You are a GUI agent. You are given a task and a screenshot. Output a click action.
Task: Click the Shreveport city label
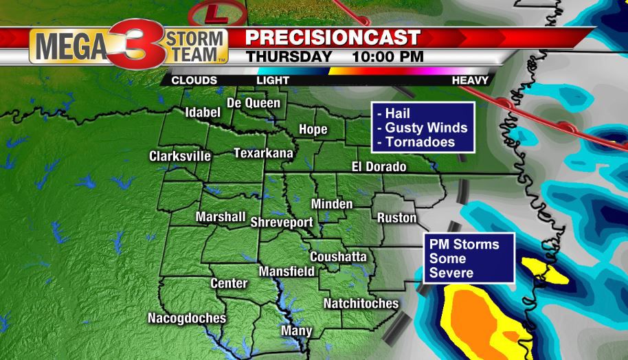282,223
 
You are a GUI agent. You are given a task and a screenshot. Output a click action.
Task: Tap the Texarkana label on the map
263,153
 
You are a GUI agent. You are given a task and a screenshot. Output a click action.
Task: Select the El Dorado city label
379,167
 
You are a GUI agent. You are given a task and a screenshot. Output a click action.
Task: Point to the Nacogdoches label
186,318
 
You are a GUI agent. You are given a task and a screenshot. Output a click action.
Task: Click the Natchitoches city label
361,303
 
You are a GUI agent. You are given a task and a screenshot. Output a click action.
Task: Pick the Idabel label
202,113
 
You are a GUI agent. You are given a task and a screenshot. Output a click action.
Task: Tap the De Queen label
254,103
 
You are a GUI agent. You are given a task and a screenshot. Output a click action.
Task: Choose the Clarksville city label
180,157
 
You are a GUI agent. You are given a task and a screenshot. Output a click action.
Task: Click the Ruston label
397,218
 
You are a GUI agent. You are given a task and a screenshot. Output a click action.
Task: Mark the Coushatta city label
338,257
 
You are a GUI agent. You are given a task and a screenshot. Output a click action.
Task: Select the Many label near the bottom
297,331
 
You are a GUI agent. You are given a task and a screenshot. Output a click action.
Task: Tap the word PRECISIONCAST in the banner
333,36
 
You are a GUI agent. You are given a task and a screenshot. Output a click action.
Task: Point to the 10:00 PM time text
386,56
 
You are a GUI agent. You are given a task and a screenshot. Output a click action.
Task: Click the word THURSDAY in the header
289,56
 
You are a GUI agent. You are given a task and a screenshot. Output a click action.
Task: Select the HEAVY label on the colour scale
470,80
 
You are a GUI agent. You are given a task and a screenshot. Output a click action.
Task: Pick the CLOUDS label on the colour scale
194,80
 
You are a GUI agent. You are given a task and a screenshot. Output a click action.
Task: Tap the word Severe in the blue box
451,273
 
